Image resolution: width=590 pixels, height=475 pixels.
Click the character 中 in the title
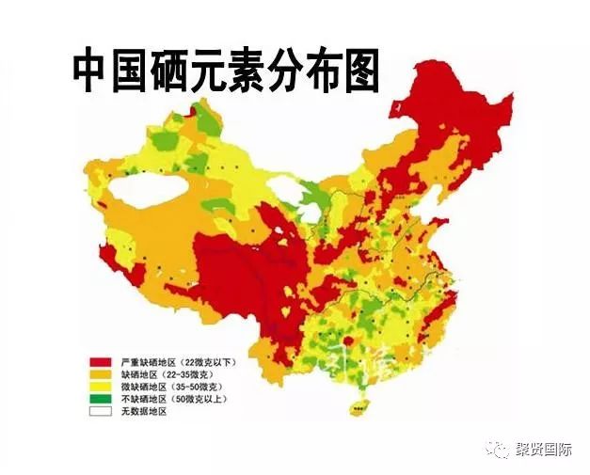click(96, 71)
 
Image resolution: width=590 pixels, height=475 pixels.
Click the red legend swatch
click(102, 362)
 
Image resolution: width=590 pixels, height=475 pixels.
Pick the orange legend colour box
click(102, 374)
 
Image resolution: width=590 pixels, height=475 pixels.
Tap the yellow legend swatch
click(102, 387)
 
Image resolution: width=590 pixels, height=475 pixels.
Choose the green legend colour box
click(102, 399)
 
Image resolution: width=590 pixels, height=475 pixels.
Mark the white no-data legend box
click(102, 411)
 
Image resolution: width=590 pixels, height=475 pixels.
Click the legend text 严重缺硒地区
click(148, 362)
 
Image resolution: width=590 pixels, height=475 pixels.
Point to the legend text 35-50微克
click(199, 387)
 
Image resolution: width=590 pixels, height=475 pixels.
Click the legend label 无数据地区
click(143, 411)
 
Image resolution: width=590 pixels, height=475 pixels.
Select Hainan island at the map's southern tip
click(358, 406)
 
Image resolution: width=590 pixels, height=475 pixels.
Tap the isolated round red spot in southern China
click(351, 340)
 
